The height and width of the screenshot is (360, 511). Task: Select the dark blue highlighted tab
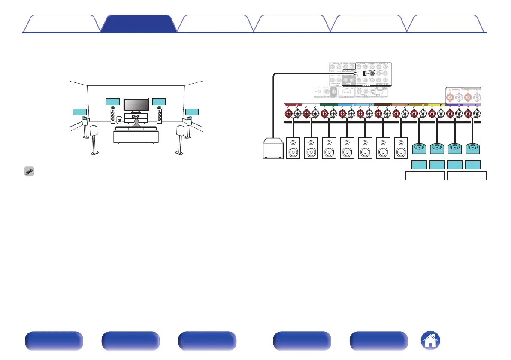click(138, 24)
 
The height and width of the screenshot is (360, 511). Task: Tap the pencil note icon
click(28, 170)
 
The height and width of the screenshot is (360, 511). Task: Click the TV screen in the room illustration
click(136, 105)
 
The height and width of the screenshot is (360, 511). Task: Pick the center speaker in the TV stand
click(136, 116)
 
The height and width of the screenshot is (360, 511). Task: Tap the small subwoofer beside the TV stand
click(118, 121)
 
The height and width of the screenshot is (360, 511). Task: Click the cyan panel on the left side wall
click(80, 112)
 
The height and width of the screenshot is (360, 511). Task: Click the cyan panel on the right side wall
click(192, 112)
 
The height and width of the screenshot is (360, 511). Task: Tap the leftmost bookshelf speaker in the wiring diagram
click(294, 148)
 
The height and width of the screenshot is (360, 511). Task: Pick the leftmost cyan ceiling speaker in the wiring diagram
click(420, 148)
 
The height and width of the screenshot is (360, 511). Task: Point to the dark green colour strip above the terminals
click(329, 104)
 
